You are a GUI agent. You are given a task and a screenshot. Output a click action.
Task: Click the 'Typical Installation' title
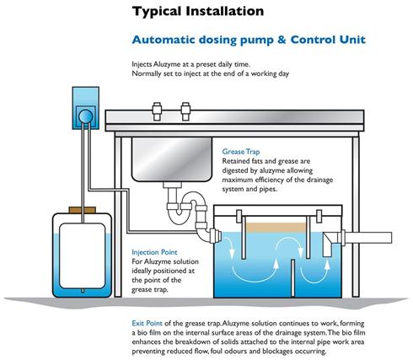coord(198,12)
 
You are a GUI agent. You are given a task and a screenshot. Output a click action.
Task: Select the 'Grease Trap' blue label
coord(241,152)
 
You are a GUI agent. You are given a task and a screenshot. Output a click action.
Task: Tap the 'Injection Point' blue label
coord(154,252)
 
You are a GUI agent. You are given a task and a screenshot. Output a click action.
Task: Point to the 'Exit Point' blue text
coord(147,323)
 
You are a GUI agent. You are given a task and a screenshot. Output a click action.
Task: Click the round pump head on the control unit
coord(86,116)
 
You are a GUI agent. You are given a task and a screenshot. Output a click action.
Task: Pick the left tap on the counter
coord(157,111)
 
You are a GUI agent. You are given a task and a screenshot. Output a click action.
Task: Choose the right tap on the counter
coord(185,111)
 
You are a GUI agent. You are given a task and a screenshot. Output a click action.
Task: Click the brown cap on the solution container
coord(83,210)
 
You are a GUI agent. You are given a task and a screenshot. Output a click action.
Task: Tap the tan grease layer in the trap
coord(276,228)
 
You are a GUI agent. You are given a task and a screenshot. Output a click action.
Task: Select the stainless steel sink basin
coord(172,159)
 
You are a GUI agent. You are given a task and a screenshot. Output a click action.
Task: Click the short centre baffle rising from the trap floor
coord(292,278)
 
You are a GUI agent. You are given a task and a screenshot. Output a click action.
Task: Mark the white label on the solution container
coord(83,255)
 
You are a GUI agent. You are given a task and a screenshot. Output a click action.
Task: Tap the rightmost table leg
coord(356,217)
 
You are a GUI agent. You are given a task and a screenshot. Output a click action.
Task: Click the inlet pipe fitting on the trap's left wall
coord(216,235)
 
